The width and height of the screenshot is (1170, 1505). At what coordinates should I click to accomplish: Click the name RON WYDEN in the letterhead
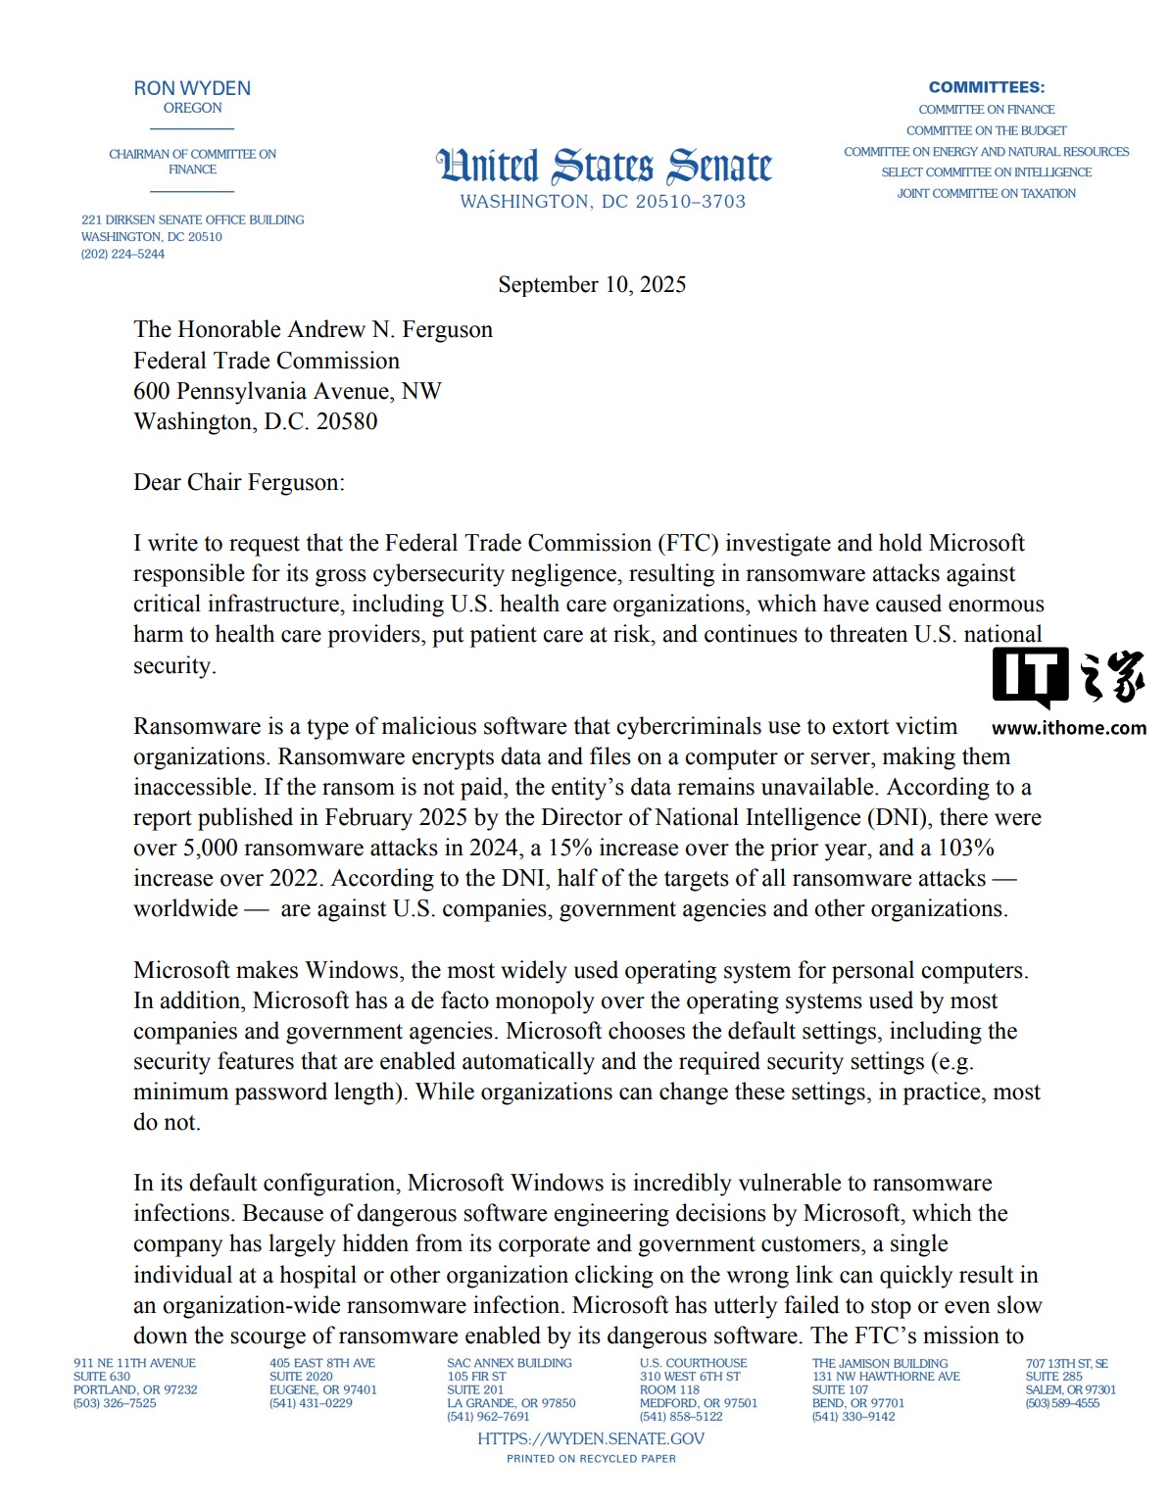(x=192, y=88)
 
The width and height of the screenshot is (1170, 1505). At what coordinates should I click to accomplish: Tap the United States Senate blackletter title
(x=604, y=167)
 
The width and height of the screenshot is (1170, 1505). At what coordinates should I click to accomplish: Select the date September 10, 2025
(x=592, y=285)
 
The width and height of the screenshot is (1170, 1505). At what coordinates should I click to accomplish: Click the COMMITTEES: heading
(x=987, y=87)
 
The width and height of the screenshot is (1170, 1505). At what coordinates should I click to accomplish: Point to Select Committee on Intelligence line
(x=986, y=172)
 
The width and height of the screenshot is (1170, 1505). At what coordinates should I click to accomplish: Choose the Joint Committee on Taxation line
(x=986, y=194)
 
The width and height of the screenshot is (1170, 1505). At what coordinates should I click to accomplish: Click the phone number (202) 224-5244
(x=122, y=255)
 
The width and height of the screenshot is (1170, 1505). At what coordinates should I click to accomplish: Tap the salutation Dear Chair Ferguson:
(x=239, y=483)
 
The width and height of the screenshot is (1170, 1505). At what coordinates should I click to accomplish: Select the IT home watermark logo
(x=1068, y=677)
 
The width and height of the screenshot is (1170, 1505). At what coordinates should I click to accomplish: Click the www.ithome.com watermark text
(x=1068, y=728)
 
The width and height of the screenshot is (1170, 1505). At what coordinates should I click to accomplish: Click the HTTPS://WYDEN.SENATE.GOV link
(x=591, y=1439)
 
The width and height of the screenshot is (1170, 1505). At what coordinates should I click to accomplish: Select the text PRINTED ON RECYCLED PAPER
(x=591, y=1459)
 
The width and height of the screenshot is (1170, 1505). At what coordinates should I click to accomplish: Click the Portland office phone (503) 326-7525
(x=115, y=1404)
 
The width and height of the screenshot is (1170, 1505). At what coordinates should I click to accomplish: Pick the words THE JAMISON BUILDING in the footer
(x=880, y=1364)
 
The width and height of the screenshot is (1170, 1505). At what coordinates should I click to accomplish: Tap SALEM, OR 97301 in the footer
(x=1071, y=1390)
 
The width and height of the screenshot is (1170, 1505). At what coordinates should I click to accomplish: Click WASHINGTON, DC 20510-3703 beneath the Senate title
(x=603, y=202)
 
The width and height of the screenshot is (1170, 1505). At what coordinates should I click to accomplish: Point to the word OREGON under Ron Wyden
(x=192, y=109)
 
